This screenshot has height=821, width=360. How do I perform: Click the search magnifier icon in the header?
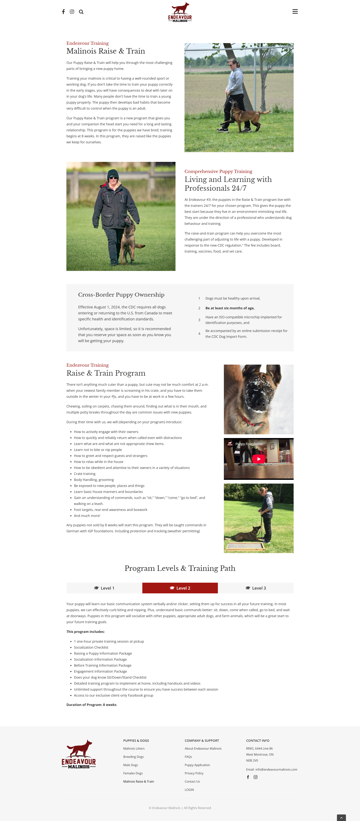pyautogui.click(x=81, y=12)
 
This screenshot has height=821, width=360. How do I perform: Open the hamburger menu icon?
pyautogui.click(x=295, y=11)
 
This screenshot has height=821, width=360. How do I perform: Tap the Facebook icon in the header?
pyautogui.click(x=63, y=12)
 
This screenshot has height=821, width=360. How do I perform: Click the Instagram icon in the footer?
pyautogui.click(x=255, y=777)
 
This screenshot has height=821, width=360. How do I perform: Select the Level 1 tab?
pyautogui.click(x=104, y=588)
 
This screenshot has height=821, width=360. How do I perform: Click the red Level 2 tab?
pyautogui.click(x=180, y=588)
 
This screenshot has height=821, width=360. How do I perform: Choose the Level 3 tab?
pyautogui.click(x=256, y=588)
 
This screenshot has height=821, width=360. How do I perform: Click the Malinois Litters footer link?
pyautogui.click(x=134, y=748)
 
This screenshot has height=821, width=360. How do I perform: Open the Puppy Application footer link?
pyautogui.click(x=197, y=765)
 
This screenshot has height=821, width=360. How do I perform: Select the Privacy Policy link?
pyautogui.click(x=194, y=773)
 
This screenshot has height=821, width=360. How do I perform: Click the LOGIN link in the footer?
pyautogui.click(x=189, y=790)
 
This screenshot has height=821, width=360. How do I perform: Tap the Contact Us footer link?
pyautogui.click(x=192, y=781)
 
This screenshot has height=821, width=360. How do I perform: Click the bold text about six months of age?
pyautogui.click(x=229, y=308)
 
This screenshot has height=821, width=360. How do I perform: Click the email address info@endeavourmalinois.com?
pyautogui.click(x=276, y=769)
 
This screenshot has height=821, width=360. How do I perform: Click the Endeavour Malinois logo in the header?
pyautogui.click(x=180, y=12)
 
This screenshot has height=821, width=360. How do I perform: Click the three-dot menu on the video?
pyautogui.click(x=287, y=444)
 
